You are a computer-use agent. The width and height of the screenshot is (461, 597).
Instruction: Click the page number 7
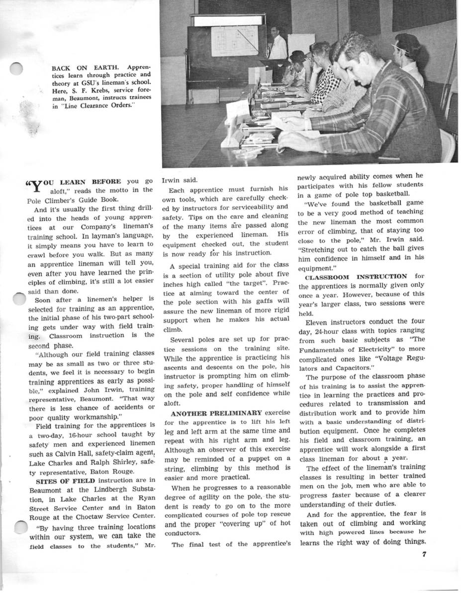pos(424,556)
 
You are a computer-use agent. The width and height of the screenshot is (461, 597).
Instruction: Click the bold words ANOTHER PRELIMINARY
pos(216,413)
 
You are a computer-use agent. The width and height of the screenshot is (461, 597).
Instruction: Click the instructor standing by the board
pos(276,45)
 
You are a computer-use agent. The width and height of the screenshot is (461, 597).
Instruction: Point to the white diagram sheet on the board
pos(234,41)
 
